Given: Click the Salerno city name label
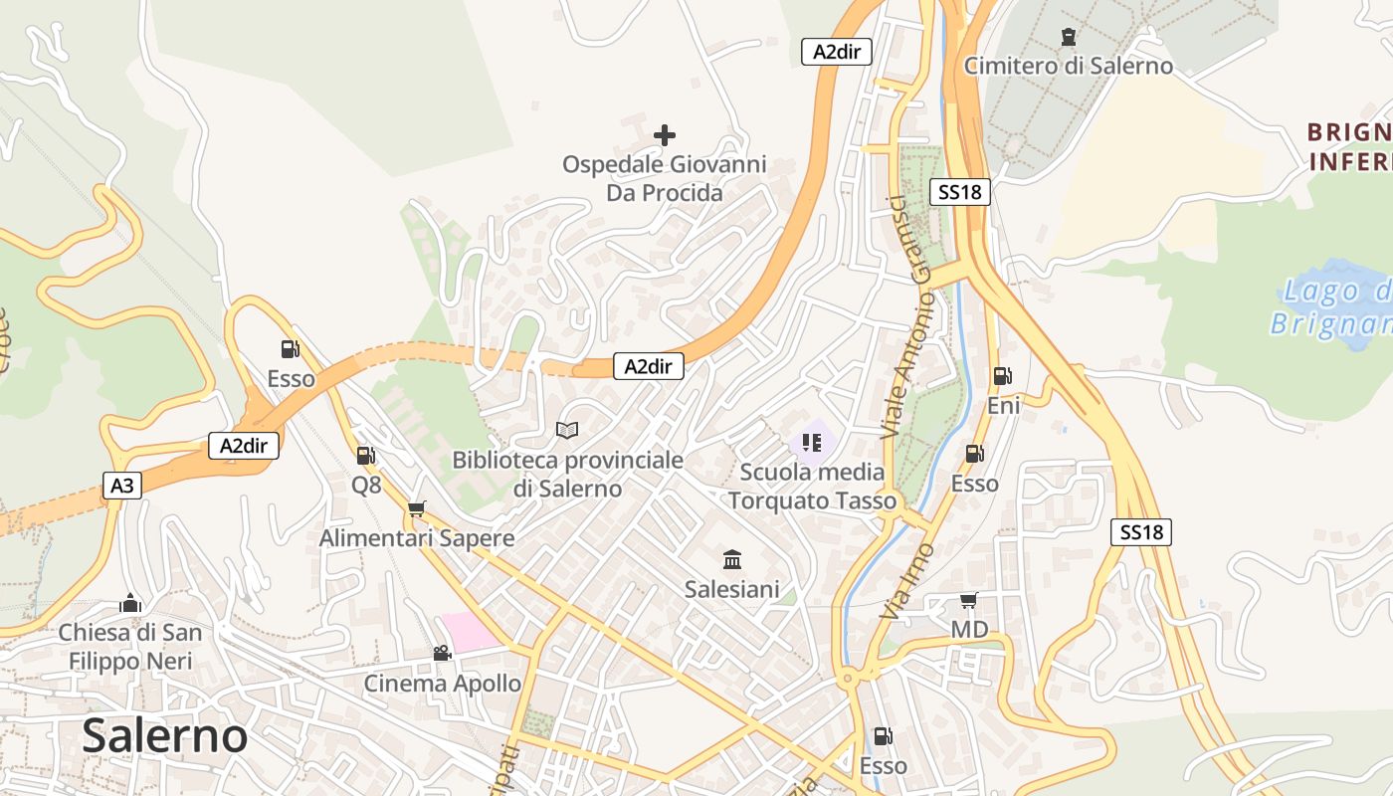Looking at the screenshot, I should [x=164, y=735].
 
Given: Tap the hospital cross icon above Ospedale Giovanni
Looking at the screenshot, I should [x=665, y=134].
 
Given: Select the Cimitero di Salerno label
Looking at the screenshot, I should [x=1069, y=66].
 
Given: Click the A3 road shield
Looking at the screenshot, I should [x=121, y=486].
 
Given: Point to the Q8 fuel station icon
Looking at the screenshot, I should [x=365, y=456].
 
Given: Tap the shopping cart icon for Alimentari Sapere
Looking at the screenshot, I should [x=416, y=508].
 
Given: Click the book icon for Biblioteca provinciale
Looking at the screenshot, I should [x=567, y=430].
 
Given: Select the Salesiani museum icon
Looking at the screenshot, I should [x=732, y=559].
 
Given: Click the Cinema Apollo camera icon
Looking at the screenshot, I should [x=442, y=653].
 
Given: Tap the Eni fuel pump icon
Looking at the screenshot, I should [x=1002, y=376].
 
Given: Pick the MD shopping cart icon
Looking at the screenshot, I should [x=968, y=600].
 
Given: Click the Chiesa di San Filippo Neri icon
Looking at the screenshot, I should [x=129, y=603].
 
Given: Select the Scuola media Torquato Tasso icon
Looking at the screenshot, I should [x=812, y=442].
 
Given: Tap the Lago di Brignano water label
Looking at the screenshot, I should [x=1333, y=307].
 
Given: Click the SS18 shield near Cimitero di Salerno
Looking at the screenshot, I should [x=960, y=192].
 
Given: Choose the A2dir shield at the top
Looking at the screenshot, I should [x=836, y=52].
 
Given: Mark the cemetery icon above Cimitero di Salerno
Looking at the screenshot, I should [x=1069, y=37].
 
